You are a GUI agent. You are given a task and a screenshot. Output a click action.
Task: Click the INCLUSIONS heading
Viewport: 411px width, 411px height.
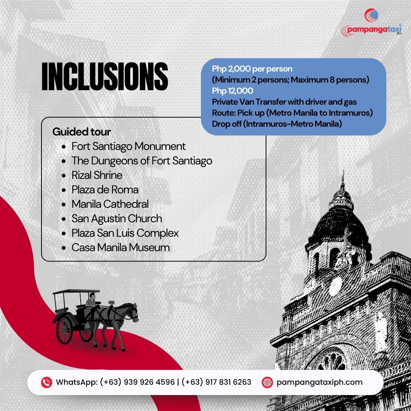pos(105,76)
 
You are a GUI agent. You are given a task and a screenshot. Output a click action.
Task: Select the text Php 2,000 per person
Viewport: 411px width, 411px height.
pos(252,69)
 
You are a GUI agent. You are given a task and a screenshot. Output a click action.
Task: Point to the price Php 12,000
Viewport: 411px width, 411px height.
pos(233,91)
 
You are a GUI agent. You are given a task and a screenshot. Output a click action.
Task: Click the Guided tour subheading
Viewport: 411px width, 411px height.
pos(81,132)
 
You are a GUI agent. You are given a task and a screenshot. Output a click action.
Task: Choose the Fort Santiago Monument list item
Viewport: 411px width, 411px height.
pos(129,146)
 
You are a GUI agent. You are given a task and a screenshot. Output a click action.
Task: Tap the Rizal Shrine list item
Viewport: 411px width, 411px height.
pos(97,175)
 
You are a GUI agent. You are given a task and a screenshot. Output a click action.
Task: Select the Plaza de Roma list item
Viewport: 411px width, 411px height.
pos(105,190)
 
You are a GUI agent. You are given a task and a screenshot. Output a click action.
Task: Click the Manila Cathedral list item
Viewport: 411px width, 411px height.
pos(110,204)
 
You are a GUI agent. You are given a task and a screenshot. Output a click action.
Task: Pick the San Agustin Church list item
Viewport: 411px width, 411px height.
pos(117,218)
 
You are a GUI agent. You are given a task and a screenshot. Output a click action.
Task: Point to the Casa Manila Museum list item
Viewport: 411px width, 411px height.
pos(121,247)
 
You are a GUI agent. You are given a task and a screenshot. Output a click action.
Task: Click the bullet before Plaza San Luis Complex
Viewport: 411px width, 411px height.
pos(64,233)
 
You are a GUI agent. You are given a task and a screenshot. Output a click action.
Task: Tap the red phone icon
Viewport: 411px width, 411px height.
pos(47,382)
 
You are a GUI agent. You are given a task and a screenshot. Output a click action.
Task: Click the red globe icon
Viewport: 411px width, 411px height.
pos(268,382)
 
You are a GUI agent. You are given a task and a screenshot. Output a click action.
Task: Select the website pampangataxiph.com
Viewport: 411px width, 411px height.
pos(320,382)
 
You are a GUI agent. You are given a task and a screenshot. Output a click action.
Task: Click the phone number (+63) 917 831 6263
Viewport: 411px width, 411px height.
pos(216,382)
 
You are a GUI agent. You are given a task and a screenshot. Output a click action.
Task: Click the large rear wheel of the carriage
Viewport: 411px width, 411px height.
pos(64,330)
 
